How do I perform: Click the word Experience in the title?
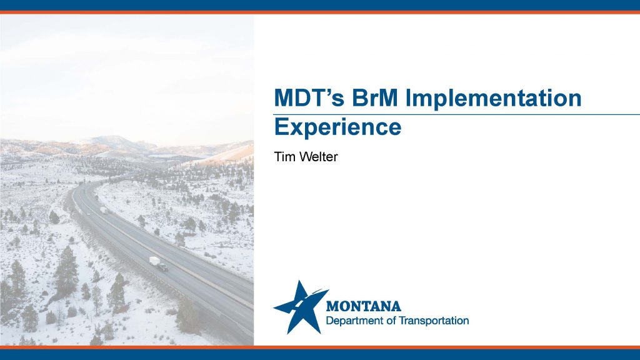[x=337, y=127]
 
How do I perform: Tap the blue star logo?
[x=301, y=307]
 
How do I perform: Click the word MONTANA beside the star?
[x=363, y=306]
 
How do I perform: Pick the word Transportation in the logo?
[x=434, y=321]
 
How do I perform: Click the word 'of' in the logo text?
[x=391, y=321]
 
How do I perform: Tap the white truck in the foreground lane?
[x=158, y=264]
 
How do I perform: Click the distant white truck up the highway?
[x=104, y=210]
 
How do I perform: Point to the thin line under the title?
[x=456, y=115]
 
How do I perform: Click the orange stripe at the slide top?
[x=320, y=12]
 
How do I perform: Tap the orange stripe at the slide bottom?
[x=320, y=347]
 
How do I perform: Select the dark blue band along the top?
[x=320, y=5]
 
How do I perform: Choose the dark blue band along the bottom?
[x=320, y=355]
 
